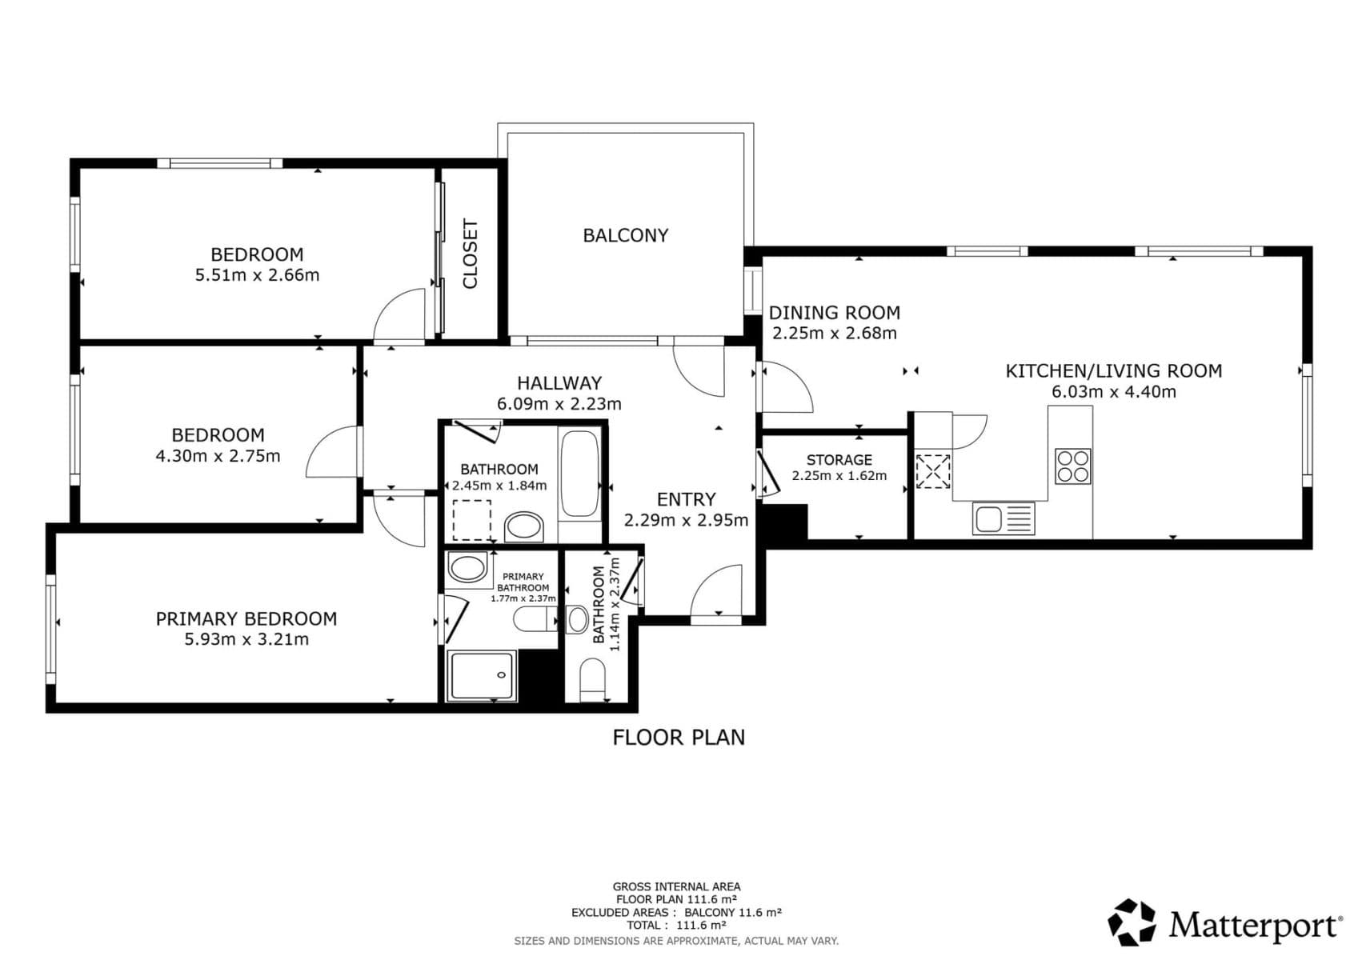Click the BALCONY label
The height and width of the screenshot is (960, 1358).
pos(625,235)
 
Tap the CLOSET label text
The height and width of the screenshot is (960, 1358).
pos(470,254)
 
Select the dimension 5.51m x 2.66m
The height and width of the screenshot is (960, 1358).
pos(257,275)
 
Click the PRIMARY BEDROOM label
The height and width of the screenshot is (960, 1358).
pos(246,618)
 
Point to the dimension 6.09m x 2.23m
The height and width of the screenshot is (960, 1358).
pos(559,404)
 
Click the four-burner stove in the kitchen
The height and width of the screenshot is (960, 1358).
pos(1072,466)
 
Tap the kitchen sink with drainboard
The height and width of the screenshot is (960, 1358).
pos(1003,518)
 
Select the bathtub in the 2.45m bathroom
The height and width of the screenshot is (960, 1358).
pos(579,474)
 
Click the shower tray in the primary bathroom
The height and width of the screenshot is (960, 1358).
pos(482,676)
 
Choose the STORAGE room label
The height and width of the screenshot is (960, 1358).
pos(839,459)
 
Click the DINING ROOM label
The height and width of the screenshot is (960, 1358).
pos(834,313)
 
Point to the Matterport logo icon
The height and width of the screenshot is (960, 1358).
pos(1132,922)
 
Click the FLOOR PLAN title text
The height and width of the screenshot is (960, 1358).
pos(678,738)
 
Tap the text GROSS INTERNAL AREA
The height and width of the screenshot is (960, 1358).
pos(676,886)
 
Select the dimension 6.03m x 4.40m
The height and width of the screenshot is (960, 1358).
pos(1113,392)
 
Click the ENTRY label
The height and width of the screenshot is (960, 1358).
pos(686,499)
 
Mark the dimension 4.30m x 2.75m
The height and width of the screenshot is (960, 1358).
pos(218,456)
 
